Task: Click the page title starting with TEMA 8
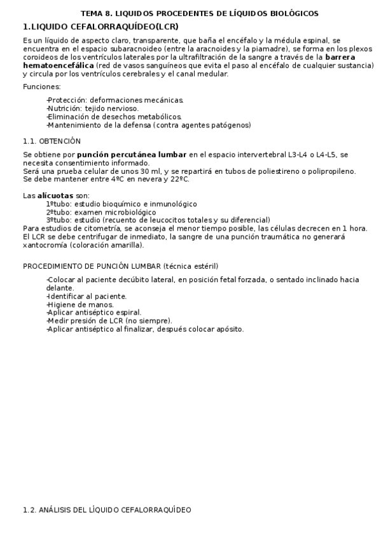(199, 13)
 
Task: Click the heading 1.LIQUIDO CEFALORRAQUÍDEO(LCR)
(100, 26)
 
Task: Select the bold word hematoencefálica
(59, 65)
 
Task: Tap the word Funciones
(42, 87)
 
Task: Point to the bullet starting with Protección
(114, 100)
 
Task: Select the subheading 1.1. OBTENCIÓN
(52, 141)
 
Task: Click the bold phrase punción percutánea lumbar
(132, 154)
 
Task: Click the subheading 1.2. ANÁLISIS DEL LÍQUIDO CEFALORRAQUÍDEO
(106, 510)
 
